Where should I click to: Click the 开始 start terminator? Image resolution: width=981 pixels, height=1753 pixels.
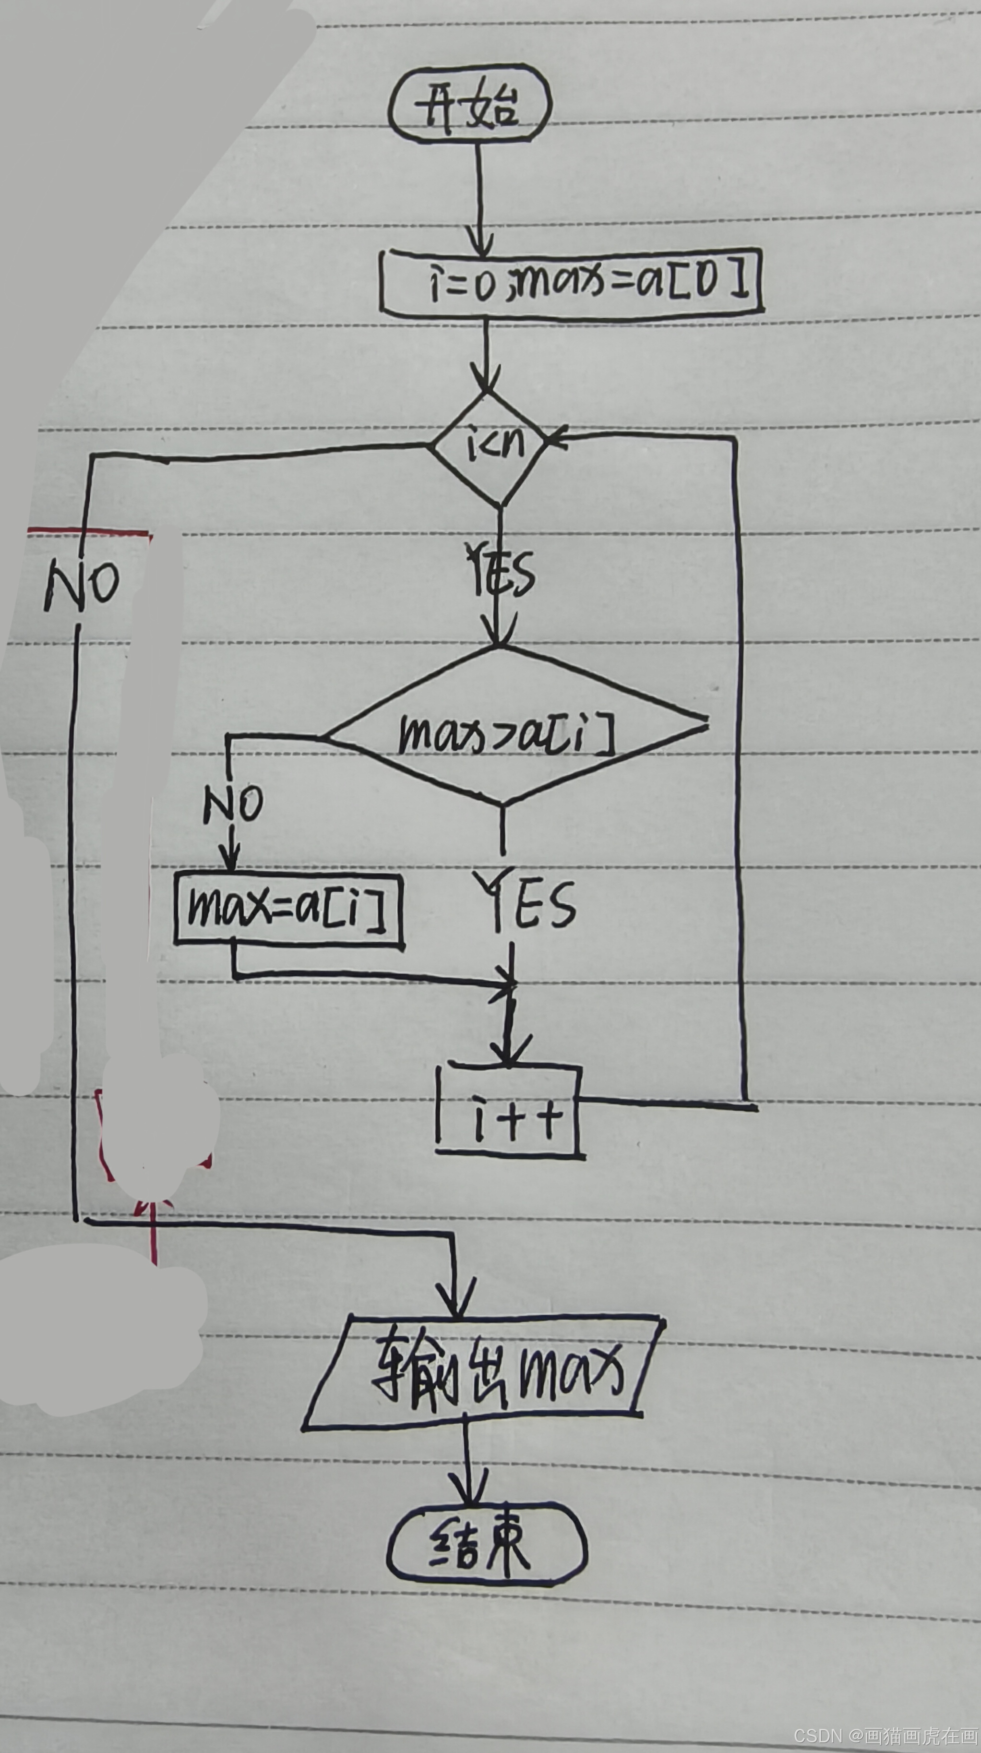coord(469,106)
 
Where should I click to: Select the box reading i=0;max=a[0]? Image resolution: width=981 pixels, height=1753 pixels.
coord(572,282)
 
